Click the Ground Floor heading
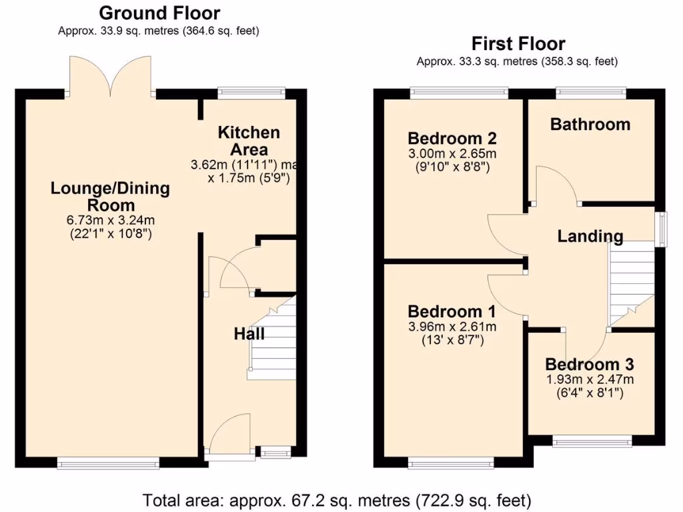point(159,13)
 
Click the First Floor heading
point(518,44)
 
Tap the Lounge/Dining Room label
point(110,197)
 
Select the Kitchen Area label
point(249,141)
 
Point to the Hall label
point(249,334)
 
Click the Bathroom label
point(590,124)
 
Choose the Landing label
point(590,235)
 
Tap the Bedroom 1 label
point(452,311)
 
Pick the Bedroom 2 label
point(452,139)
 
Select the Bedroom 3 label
point(589,365)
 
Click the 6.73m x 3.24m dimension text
point(110,221)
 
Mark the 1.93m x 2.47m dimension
point(589,379)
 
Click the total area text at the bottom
point(337,499)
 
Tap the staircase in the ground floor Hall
point(272,340)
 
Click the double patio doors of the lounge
point(111,77)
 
